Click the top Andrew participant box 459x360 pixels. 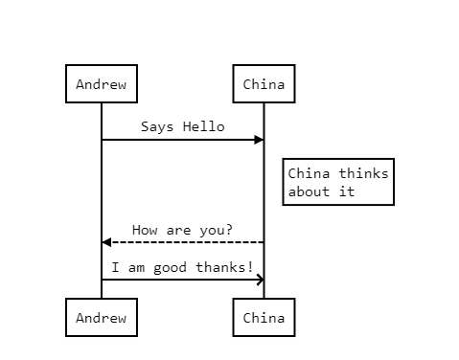[102, 83]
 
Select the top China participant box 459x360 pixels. [264, 83]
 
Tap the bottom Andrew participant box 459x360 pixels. [102, 317]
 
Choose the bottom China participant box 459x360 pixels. [264, 317]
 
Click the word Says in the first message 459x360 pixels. [157, 127]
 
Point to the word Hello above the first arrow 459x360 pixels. [204, 126]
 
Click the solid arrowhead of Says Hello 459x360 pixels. [259, 140]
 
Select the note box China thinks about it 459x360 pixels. [338, 182]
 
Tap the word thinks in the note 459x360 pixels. [363, 173]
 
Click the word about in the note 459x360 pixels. [309, 191]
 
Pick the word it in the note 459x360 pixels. [347, 191]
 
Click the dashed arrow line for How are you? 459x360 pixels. [183, 242]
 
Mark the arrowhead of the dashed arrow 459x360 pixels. [106, 242]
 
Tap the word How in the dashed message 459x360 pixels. [145, 230]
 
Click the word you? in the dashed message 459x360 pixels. [216, 231]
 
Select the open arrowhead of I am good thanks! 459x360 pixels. [261, 280]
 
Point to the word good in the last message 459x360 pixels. [170, 268]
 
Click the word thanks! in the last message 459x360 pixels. [224, 267]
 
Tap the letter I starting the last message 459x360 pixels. [115, 267]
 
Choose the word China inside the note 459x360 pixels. [309, 173]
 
